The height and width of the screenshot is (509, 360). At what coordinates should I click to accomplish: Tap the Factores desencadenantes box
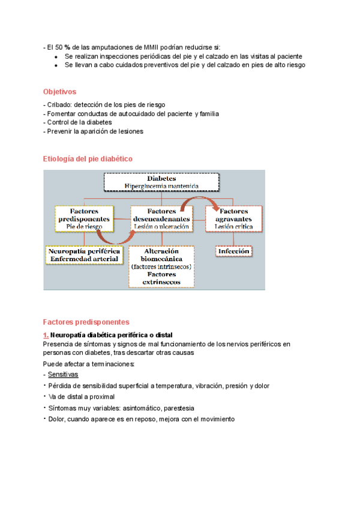coord(161,220)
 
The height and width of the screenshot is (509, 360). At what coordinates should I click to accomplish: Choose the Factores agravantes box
coord(234,220)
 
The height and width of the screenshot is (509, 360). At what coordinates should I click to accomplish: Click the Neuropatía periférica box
coord(83,254)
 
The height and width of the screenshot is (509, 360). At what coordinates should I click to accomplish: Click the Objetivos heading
coord(59,92)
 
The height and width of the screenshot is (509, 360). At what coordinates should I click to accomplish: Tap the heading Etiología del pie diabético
coord(88,158)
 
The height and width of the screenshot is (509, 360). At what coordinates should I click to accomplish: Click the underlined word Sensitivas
coord(67,374)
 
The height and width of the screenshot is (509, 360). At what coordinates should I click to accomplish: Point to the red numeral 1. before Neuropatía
coord(46,334)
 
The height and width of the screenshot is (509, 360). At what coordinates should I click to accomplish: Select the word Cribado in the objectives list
coord(59,104)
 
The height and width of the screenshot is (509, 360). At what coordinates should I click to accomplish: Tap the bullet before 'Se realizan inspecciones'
coord(55,56)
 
